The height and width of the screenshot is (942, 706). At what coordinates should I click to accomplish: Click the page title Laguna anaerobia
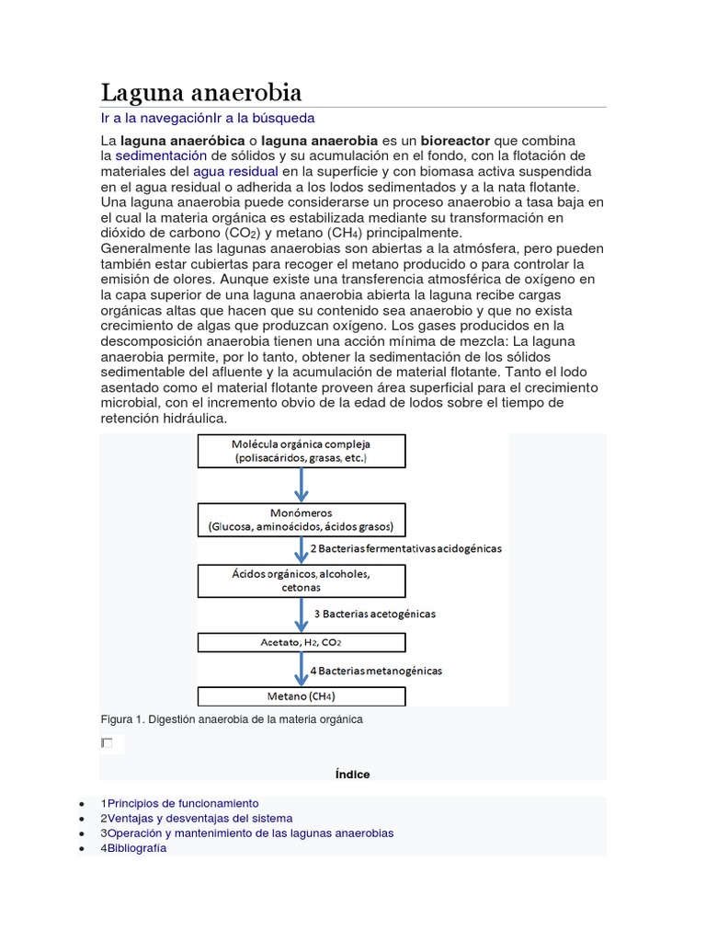point(200,93)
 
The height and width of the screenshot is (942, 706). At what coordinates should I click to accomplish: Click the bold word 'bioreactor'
point(455,141)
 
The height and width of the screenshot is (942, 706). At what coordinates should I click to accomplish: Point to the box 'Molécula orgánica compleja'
point(302,451)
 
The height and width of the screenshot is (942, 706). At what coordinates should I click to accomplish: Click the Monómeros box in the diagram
point(302,520)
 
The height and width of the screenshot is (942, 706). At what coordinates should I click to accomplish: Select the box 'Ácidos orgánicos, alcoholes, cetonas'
point(302,580)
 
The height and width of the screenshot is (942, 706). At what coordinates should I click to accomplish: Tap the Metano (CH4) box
point(302,695)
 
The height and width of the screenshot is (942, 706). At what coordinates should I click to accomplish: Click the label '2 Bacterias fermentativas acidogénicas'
point(406,548)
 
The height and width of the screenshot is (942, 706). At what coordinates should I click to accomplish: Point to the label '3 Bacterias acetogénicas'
point(375,613)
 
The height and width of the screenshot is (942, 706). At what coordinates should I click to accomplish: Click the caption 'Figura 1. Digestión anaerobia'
point(232,719)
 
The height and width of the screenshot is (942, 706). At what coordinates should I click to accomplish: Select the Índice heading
point(352,775)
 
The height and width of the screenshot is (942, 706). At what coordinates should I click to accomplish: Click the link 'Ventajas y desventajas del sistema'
point(199,818)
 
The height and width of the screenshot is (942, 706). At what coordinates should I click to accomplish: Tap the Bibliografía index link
point(137,848)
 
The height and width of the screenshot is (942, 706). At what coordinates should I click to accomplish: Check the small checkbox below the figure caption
point(108,742)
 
